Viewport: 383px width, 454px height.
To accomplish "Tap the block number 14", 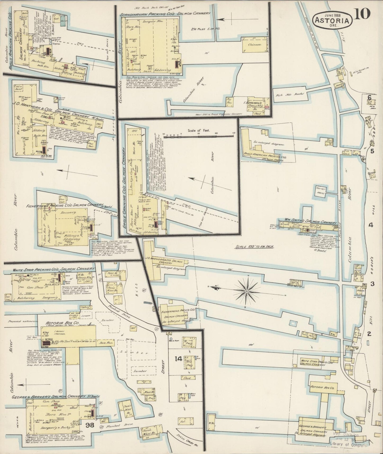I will pos(178,359).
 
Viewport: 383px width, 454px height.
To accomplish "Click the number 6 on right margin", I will pos(369,97).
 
